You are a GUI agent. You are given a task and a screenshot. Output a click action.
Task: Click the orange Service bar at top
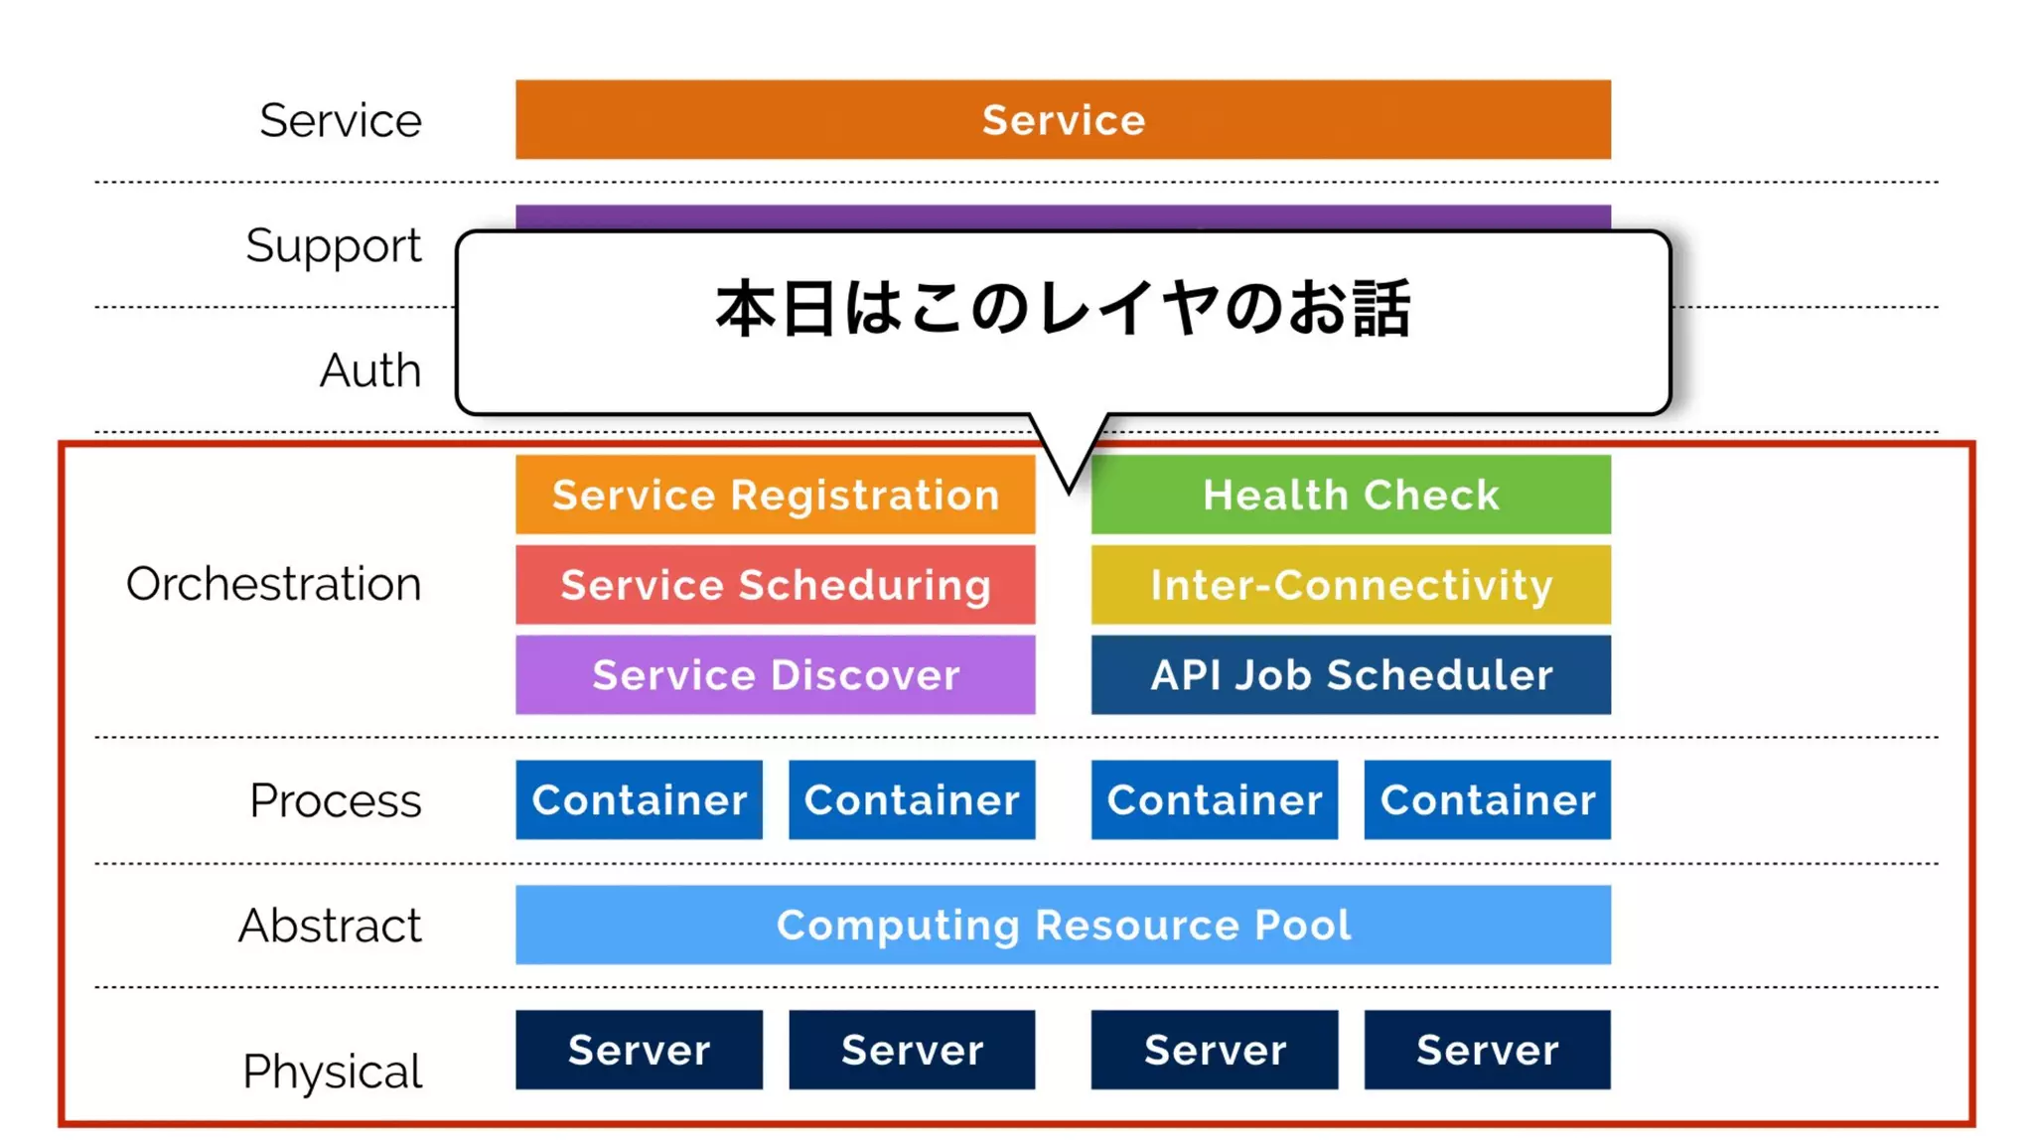point(1063,119)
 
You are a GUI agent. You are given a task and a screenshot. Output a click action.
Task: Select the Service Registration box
point(775,495)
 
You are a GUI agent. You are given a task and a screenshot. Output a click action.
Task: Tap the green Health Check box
point(1351,495)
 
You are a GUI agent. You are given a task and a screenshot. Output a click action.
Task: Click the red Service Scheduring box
point(775,585)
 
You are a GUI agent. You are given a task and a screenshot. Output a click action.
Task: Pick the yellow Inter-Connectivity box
point(1351,585)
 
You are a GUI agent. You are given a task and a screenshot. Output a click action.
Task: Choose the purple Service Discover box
point(775,675)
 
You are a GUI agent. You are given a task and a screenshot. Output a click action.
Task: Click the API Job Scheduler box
point(1351,675)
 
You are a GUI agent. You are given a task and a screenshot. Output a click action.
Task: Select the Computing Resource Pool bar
point(1063,925)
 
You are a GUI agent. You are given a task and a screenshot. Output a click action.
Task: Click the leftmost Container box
point(639,800)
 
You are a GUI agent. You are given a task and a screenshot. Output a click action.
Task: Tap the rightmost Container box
point(1487,800)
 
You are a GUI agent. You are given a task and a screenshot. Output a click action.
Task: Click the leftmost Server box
point(639,1050)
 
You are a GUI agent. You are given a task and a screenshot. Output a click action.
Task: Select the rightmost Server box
point(1487,1050)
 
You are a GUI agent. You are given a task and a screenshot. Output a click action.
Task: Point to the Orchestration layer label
point(273,584)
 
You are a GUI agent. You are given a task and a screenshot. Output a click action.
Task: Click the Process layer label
point(335,800)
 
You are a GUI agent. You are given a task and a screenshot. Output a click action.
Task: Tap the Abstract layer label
point(330,926)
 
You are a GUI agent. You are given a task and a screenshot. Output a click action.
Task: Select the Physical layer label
point(332,1072)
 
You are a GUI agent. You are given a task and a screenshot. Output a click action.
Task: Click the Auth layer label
point(369,370)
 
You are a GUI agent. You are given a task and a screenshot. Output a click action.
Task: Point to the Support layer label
point(333,245)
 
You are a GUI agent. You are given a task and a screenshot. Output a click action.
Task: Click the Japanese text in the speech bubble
point(1063,308)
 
